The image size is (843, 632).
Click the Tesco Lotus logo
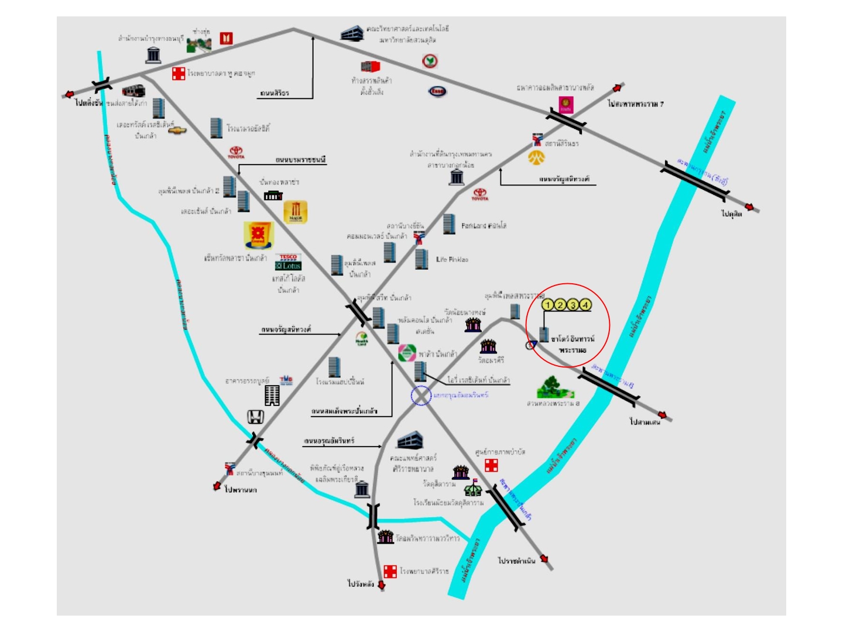288,262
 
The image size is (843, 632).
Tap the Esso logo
437,91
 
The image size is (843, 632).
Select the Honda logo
255,417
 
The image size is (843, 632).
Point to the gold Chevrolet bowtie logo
177,130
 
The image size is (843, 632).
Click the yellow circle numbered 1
548,304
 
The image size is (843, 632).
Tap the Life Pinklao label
452,259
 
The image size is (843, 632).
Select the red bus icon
133,91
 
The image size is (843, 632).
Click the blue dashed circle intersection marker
420,396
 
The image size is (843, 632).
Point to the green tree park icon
550,387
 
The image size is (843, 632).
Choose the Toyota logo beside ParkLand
480,194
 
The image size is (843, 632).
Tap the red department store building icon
370,67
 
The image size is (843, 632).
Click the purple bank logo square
566,105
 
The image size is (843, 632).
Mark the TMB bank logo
286,380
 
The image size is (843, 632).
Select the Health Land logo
362,339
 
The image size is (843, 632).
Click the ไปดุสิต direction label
731,214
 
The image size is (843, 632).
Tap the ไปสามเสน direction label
645,421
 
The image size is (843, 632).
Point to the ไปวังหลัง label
361,583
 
